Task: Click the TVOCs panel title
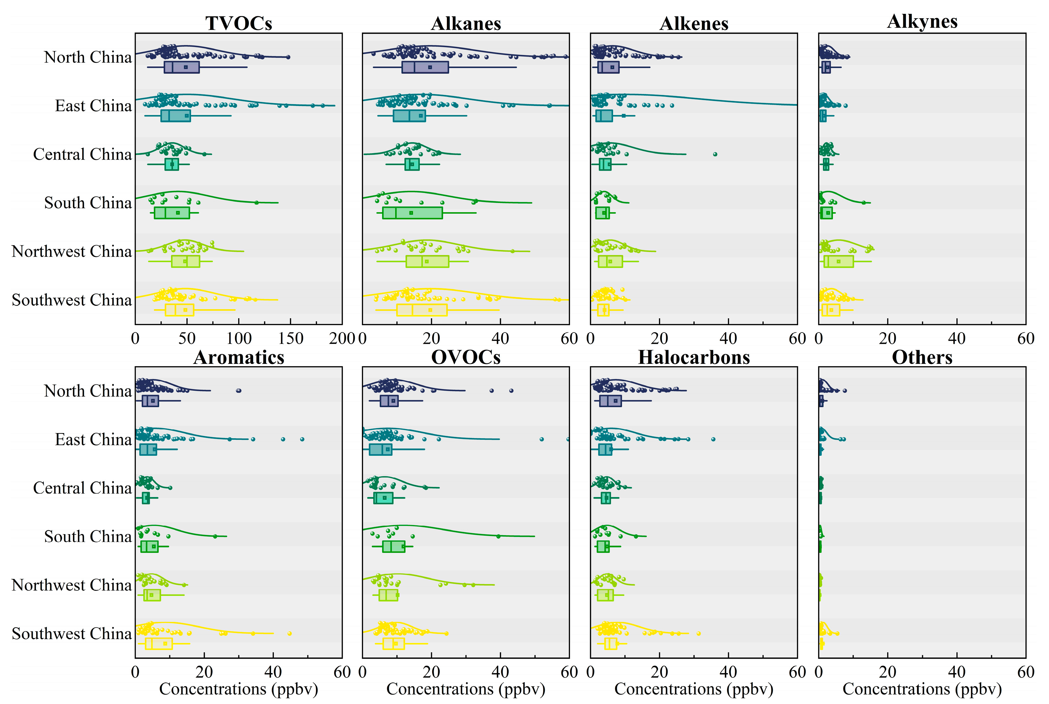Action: coord(239,23)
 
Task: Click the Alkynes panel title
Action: coord(922,22)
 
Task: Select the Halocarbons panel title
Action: coord(694,357)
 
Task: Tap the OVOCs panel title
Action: coord(465,357)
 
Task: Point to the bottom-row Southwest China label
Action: coord(71,634)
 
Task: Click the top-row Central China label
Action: coord(82,154)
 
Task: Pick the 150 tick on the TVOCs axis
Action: coord(291,338)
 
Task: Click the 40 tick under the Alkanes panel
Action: coord(500,338)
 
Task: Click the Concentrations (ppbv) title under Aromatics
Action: coord(239,689)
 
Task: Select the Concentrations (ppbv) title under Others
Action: coord(922,689)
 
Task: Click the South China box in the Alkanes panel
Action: coord(412,213)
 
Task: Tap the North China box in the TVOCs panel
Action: coord(182,67)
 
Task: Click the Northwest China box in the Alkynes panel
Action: coord(838,261)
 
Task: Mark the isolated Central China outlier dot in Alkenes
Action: coord(715,154)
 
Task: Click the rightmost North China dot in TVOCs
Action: coord(288,57)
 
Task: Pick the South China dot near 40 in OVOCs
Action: coord(498,536)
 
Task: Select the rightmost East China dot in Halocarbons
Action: coord(713,439)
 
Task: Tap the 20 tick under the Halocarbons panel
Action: coord(659,672)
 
